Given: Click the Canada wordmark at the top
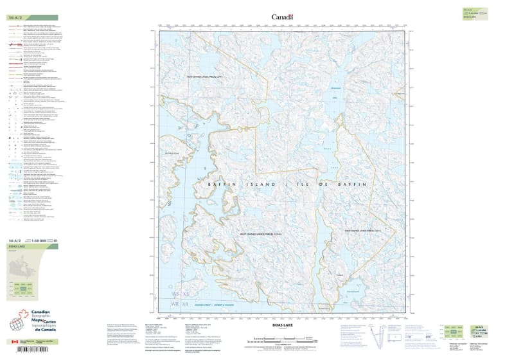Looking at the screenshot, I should click(x=282, y=17).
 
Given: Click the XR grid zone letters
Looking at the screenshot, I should click(x=185, y=303).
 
